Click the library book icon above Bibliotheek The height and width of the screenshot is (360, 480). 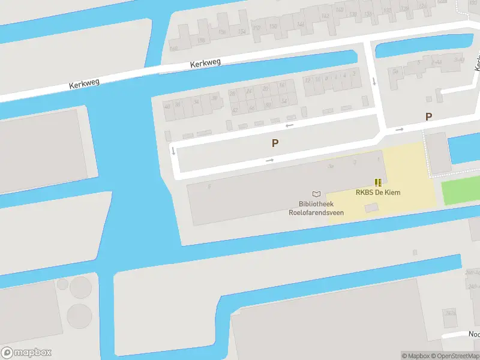(x=316, y=194)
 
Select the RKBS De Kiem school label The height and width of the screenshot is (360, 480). (x=378, y=193)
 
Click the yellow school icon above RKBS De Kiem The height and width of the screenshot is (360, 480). (x=377, y=182)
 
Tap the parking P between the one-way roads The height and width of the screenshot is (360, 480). (x=275, y=143)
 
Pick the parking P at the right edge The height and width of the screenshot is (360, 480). (x=428, y=117)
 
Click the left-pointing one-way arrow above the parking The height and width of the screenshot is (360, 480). (x=290, y=125)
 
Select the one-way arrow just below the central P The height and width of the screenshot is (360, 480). (x=270, y=160)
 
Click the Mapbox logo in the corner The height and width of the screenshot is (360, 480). (x=26, y=353)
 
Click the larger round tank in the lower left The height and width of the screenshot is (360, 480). (x=79, y=316)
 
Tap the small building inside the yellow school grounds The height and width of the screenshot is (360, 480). (x=372, y=208)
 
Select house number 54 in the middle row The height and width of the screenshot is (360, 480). (x=284, y=100)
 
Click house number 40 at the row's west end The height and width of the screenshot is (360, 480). (x=167, y=106)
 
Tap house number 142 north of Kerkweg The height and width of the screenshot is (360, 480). (x=325, y=16)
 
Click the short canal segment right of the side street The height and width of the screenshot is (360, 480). (x=423, y=47)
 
